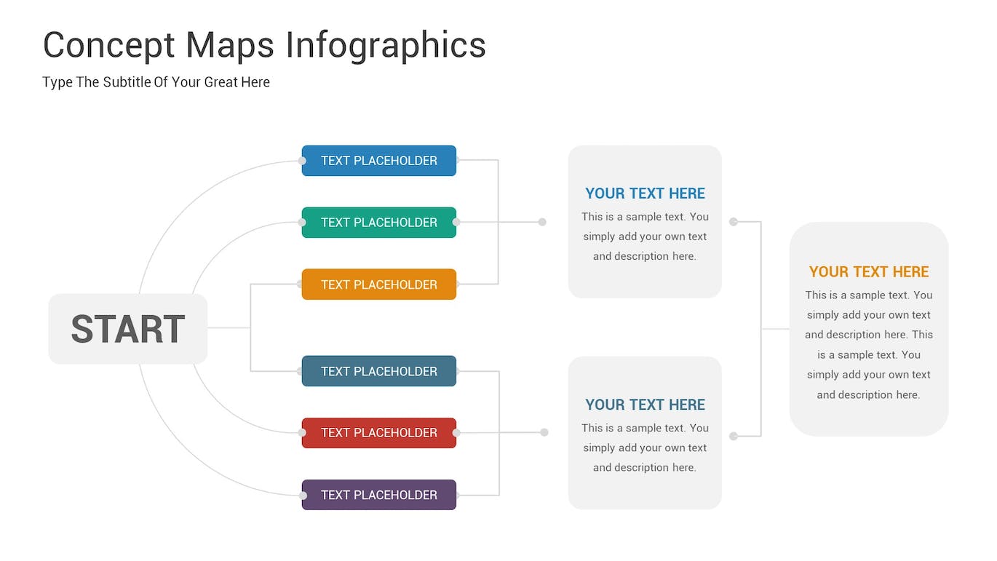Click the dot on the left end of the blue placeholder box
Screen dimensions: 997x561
coord(302,161)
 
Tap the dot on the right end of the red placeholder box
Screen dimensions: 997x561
coord(456,432)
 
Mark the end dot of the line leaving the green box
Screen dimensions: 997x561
coord(542,222)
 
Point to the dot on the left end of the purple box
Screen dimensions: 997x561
coord(303,496)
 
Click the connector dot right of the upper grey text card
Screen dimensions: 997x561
coord(734,221)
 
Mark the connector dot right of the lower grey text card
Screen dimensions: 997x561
coord(734,437)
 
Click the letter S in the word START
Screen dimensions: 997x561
coord(82,329)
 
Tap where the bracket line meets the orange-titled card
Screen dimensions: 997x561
coord(790,329)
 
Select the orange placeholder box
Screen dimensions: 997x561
coord(378,285)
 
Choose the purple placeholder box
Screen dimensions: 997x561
coord(378,495)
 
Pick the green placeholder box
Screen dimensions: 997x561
coord(378,223)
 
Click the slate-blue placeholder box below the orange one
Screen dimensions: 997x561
coord(378,371)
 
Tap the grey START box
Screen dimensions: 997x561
coord(128,329)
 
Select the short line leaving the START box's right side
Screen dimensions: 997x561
coord(229,328)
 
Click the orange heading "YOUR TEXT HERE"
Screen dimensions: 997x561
coord(869,272)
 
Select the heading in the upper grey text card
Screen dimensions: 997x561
coord(645,194)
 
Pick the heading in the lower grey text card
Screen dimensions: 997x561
coord(645,405)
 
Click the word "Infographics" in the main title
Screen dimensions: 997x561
coord(386,46)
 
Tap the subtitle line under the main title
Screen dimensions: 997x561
coord(156,82)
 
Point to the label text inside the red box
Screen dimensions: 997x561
coord(378,433)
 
